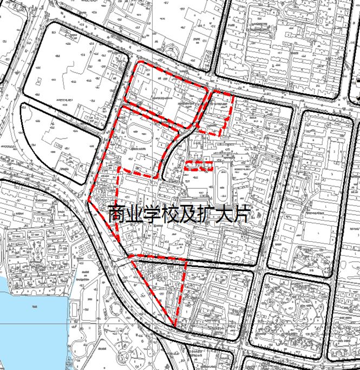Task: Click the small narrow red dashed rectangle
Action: (x=198, y=166)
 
